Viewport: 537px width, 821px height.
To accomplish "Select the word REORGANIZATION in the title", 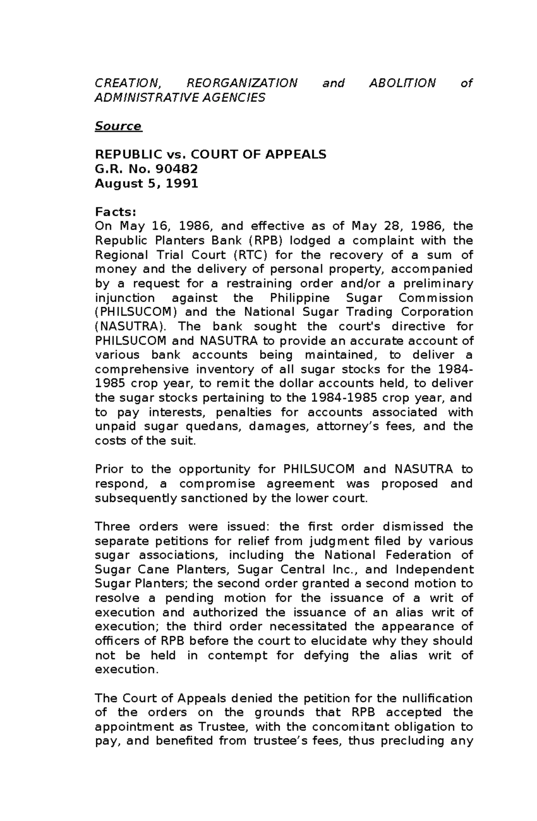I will (242, 83).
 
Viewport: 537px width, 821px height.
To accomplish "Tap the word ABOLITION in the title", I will (402, 83).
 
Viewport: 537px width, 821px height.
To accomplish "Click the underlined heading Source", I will (118, 126).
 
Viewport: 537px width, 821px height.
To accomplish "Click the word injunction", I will (125, 298).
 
